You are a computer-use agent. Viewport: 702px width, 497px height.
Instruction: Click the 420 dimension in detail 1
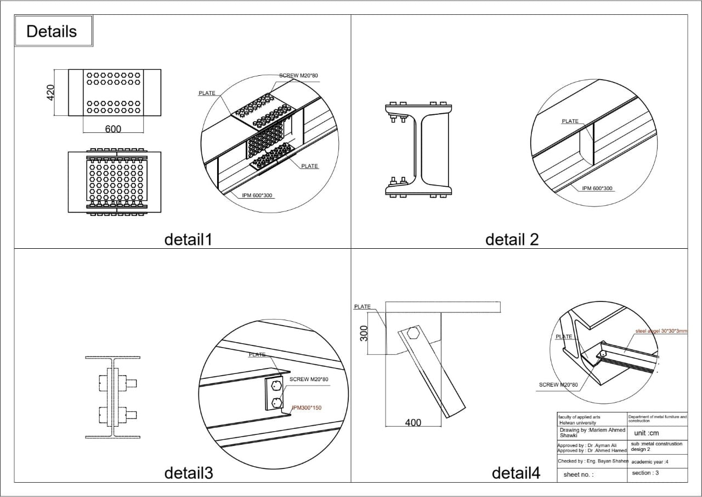tap(50, 92)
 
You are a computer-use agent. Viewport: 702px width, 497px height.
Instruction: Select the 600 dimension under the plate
tap(113, 129)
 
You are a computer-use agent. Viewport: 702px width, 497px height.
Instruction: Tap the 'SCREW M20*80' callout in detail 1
tap(298, 75)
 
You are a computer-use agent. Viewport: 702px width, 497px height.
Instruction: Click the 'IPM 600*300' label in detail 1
tap(257, 195)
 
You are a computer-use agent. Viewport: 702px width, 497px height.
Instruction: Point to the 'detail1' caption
tap(188, 239)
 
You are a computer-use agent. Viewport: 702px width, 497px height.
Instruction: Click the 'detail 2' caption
tap(512, 239)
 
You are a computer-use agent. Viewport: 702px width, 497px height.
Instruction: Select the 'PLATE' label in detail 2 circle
tap(570, 121)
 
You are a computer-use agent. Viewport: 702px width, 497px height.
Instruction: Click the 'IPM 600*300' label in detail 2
tap(597, 188)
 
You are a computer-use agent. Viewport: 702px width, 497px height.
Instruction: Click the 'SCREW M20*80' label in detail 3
tap(309, 379)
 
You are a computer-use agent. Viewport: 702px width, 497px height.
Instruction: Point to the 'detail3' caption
tap(188, 473)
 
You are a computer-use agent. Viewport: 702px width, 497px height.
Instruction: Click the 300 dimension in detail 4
tap(363, 332)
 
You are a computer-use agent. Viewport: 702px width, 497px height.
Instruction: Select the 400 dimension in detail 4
tap(412, 422)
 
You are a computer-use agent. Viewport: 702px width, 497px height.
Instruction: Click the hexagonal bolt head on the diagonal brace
tap(414, 333)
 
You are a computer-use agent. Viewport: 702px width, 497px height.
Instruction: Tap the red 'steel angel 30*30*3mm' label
tap(668, 331)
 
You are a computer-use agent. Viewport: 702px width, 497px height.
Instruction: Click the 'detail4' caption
tap(516, 473)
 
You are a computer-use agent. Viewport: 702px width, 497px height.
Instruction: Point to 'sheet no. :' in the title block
tap(578, 474)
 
